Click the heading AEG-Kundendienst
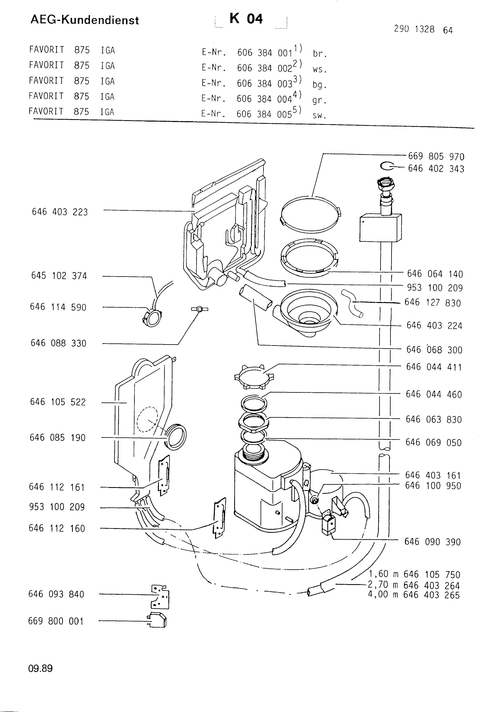[x=85, y=20]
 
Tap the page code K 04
[x=246, y=19]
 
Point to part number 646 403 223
[x=60, y=212]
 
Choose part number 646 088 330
[x=58, y=343]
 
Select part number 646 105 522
[x=58, y=402]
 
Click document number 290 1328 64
[x=423, y=29]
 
